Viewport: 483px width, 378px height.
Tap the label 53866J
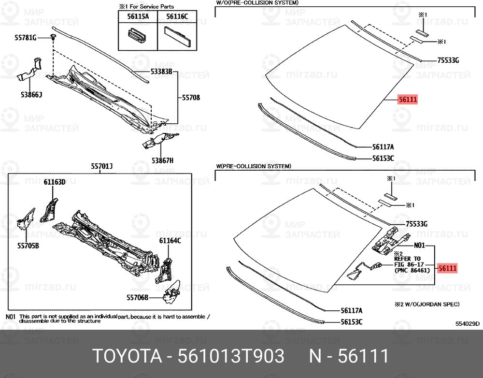(31, 95)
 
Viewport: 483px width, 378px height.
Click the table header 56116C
(177, 16)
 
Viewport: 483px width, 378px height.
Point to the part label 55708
(191, 98)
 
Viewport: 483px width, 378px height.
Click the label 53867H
(162, 160)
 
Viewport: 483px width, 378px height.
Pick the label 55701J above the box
(101, 166)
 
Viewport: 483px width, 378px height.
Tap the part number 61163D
(54, 182)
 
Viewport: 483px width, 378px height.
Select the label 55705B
(28, 245)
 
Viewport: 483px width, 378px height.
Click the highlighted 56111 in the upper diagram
(407, 100)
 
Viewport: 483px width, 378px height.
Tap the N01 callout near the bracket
(419, 245)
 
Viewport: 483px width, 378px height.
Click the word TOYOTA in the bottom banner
(125, 356)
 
